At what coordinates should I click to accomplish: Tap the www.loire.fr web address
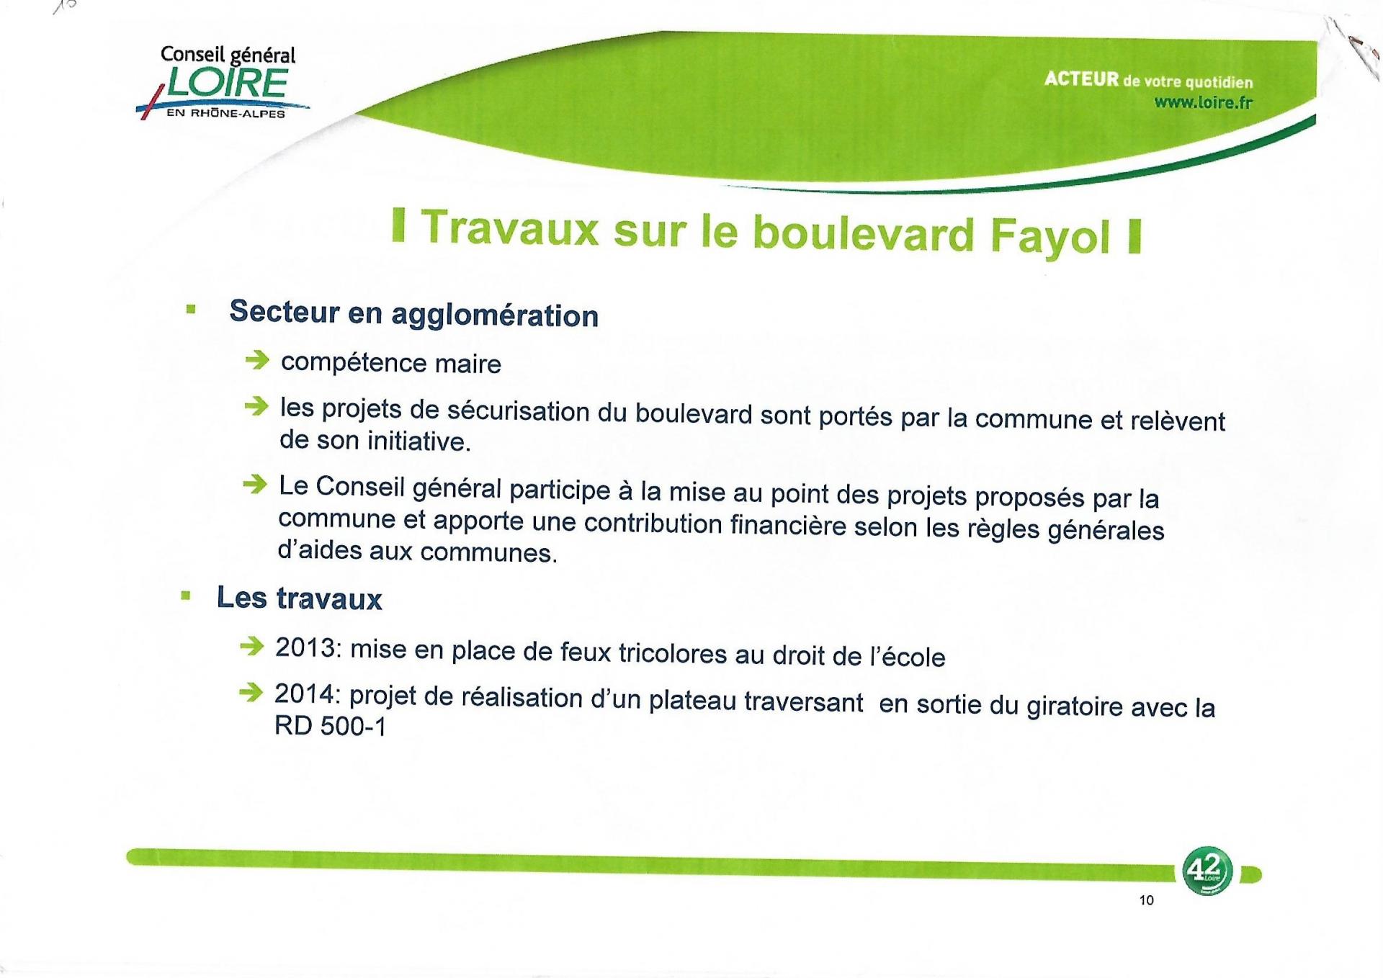(x=1204, y=102)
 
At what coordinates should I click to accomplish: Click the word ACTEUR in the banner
(x=1082, y=78)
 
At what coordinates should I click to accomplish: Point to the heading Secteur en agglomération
(x=413, y=313)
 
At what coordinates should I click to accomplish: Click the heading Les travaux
(x=299, y=598)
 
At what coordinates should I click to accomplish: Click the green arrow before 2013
(x=251, y=646)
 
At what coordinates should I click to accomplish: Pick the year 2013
(x=308, y=647)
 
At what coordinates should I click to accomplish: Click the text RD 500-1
(x=331, y=726)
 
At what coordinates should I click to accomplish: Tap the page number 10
(x=1147, y=900)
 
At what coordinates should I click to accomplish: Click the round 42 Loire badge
(x=1207, y=871)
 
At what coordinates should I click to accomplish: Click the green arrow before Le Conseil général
(x=254, y=485)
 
